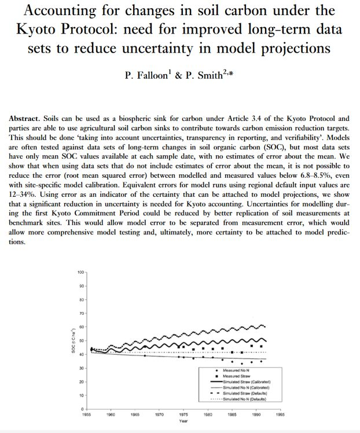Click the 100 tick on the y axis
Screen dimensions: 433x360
point(80,271)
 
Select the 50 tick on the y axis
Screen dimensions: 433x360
point(82,340)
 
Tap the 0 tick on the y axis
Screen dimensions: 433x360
point(83,409)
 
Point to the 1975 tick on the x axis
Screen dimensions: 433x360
point(183,414)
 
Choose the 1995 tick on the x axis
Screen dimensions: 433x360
point(280,414)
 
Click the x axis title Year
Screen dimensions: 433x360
point(183,421)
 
